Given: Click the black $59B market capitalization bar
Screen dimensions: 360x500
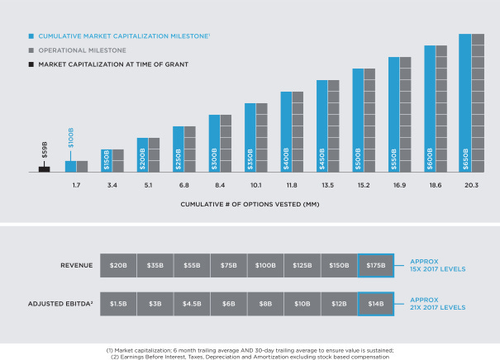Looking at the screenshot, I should (x=45, y=168).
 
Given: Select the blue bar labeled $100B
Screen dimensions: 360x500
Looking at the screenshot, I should (x=71, y=166).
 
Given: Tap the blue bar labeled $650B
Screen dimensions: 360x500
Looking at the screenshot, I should (x=465, y=102).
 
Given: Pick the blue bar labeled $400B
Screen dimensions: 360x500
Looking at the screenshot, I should (x=286, y=131).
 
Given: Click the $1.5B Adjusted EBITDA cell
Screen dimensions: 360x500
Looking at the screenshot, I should (x=118, y=304).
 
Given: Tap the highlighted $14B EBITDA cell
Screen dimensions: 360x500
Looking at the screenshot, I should (x=376, y=304).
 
